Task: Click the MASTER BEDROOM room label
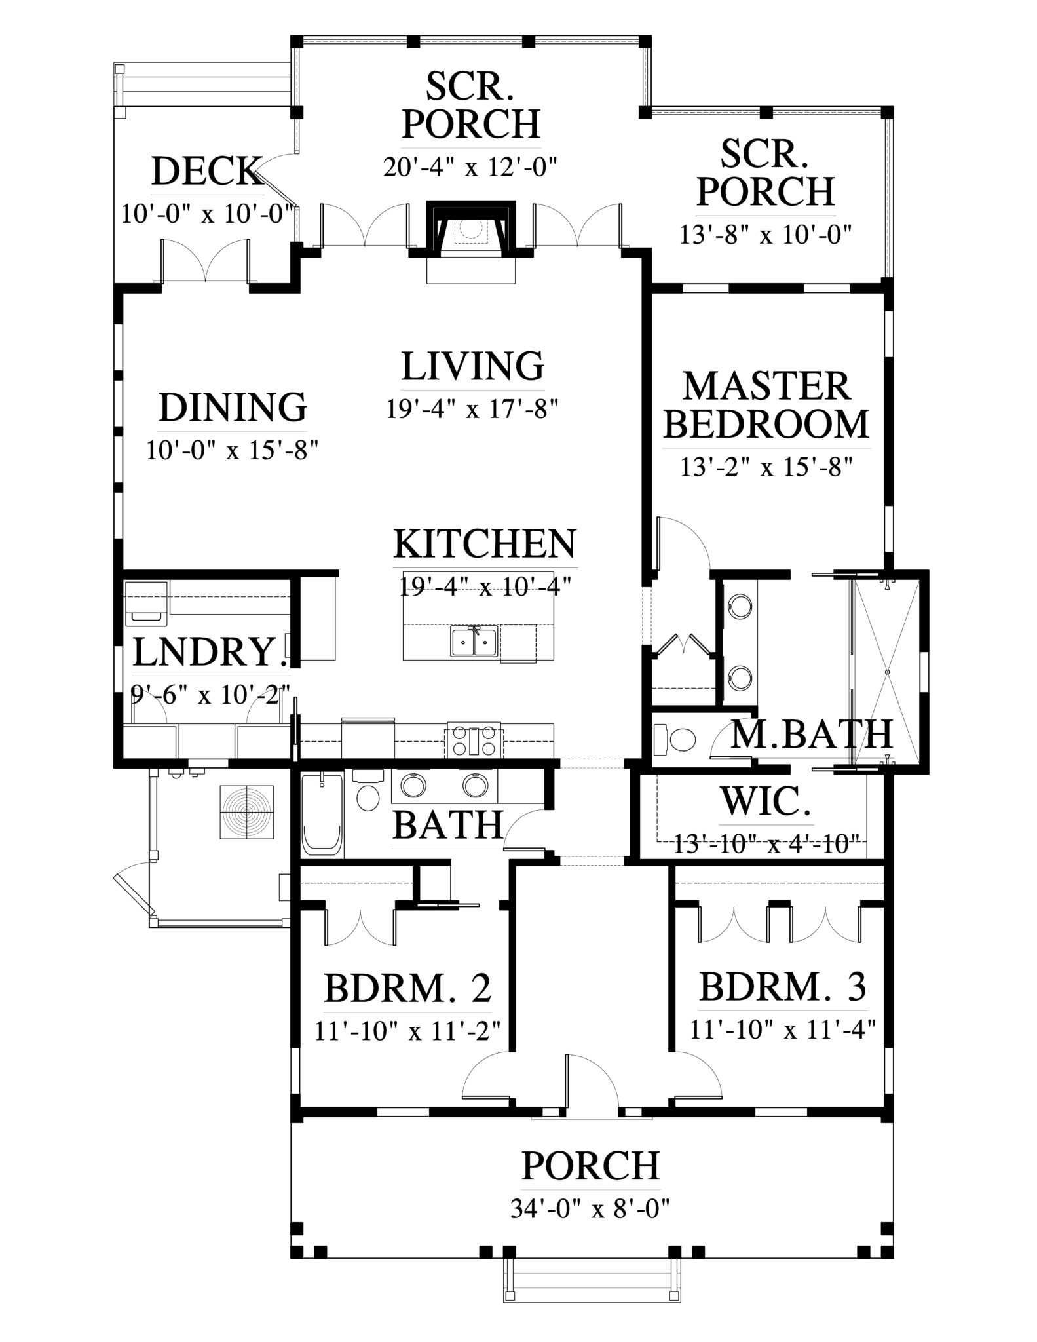click(x=766, y=406)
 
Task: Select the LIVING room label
click(x=472, y=366)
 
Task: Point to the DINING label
click(x=233, y=407)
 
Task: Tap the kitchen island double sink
click(x=474, y=640)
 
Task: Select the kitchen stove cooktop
click(x=474, y=740)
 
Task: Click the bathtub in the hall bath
click(x=322, y=815)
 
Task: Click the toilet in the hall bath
click(x=366, y=791)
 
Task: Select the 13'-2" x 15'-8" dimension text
click(x=766, y=468)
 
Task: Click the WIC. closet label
click(x=767, y=801)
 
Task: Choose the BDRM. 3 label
click(x=783, y=1005)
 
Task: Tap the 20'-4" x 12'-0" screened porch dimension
click(x=470, y=168)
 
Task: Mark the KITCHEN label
click(x=485, y=543)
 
